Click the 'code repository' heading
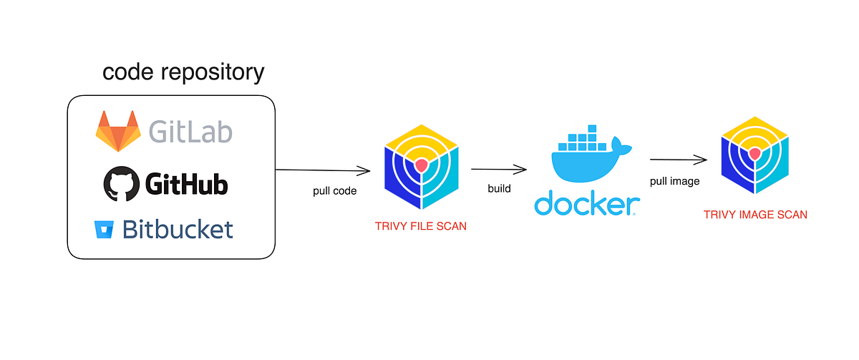(x=183, y=72)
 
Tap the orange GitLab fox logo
(x=119, y=131)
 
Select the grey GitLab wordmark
(x=190, y=132)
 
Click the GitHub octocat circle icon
(x=120, y=183)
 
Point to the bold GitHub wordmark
(x=186, y=185)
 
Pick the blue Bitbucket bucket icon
(x=104, y=230)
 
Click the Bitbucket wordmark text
(x=178, y=230)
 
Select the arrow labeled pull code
(x=322, y=170)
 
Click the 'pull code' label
(x=334, y=192)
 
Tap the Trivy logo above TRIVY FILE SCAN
(x=421, y=165)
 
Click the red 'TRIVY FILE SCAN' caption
(x=421, y=226)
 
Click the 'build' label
(x=499, y=189)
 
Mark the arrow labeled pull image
(x=675, y=160)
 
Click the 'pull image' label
(x=674, y=181)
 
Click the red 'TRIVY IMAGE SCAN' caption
(x=755, y=214)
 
